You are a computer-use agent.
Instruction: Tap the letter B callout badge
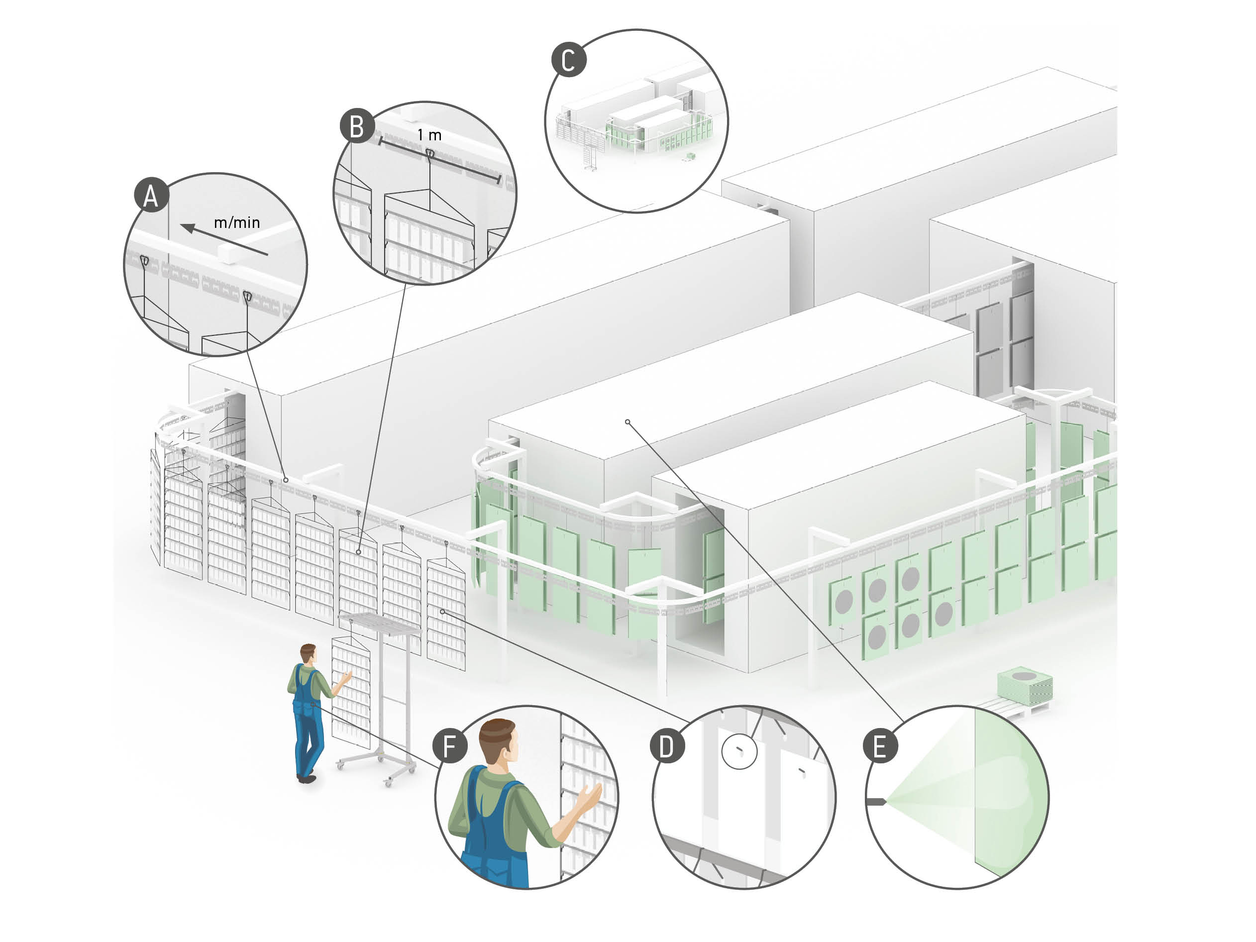pos(357,126)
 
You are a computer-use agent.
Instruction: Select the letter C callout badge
pos(568,60)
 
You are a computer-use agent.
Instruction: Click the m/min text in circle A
pos(237,222)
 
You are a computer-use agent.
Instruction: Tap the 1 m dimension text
pos(429,135)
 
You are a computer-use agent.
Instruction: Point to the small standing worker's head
pos(308,652)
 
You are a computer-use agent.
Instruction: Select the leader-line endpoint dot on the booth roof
pos(628,422)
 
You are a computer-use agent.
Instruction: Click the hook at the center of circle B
pos(430,154)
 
